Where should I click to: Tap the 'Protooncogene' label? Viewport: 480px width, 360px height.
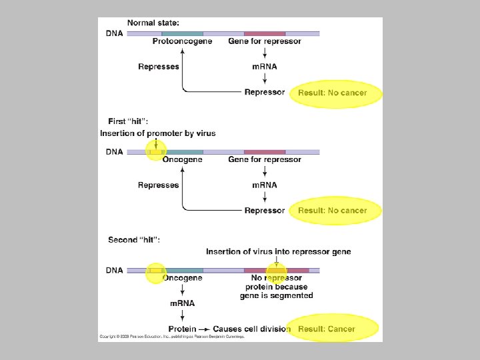(x=182, y=41)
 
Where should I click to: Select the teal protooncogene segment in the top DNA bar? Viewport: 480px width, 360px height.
(x=182, y=33)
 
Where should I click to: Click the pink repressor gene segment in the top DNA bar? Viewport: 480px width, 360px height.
(x=265, y=33)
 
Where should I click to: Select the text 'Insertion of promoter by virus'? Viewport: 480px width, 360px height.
(x=158, y=133)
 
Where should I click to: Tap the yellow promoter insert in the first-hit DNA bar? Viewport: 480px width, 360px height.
(x=156, y=152)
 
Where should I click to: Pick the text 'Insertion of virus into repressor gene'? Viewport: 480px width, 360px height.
(x=278, y=251)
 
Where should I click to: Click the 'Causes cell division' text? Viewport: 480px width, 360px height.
(x=251, y=329)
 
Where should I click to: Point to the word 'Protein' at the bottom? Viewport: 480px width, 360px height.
(x=182, y=329)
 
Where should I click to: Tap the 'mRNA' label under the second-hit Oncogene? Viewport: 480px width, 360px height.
(x=182, y=303)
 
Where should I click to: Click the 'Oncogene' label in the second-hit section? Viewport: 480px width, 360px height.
(x=183, y=278)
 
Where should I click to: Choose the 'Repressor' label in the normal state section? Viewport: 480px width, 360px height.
(x=265, y=92)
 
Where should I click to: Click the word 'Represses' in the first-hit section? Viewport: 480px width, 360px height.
(x=159, y=185)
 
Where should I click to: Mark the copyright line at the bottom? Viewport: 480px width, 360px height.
(x=172, y=337)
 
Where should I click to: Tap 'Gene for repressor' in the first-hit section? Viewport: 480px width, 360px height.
(x=265, y=159)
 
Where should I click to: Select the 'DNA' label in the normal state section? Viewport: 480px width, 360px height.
(x=115, y=33)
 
